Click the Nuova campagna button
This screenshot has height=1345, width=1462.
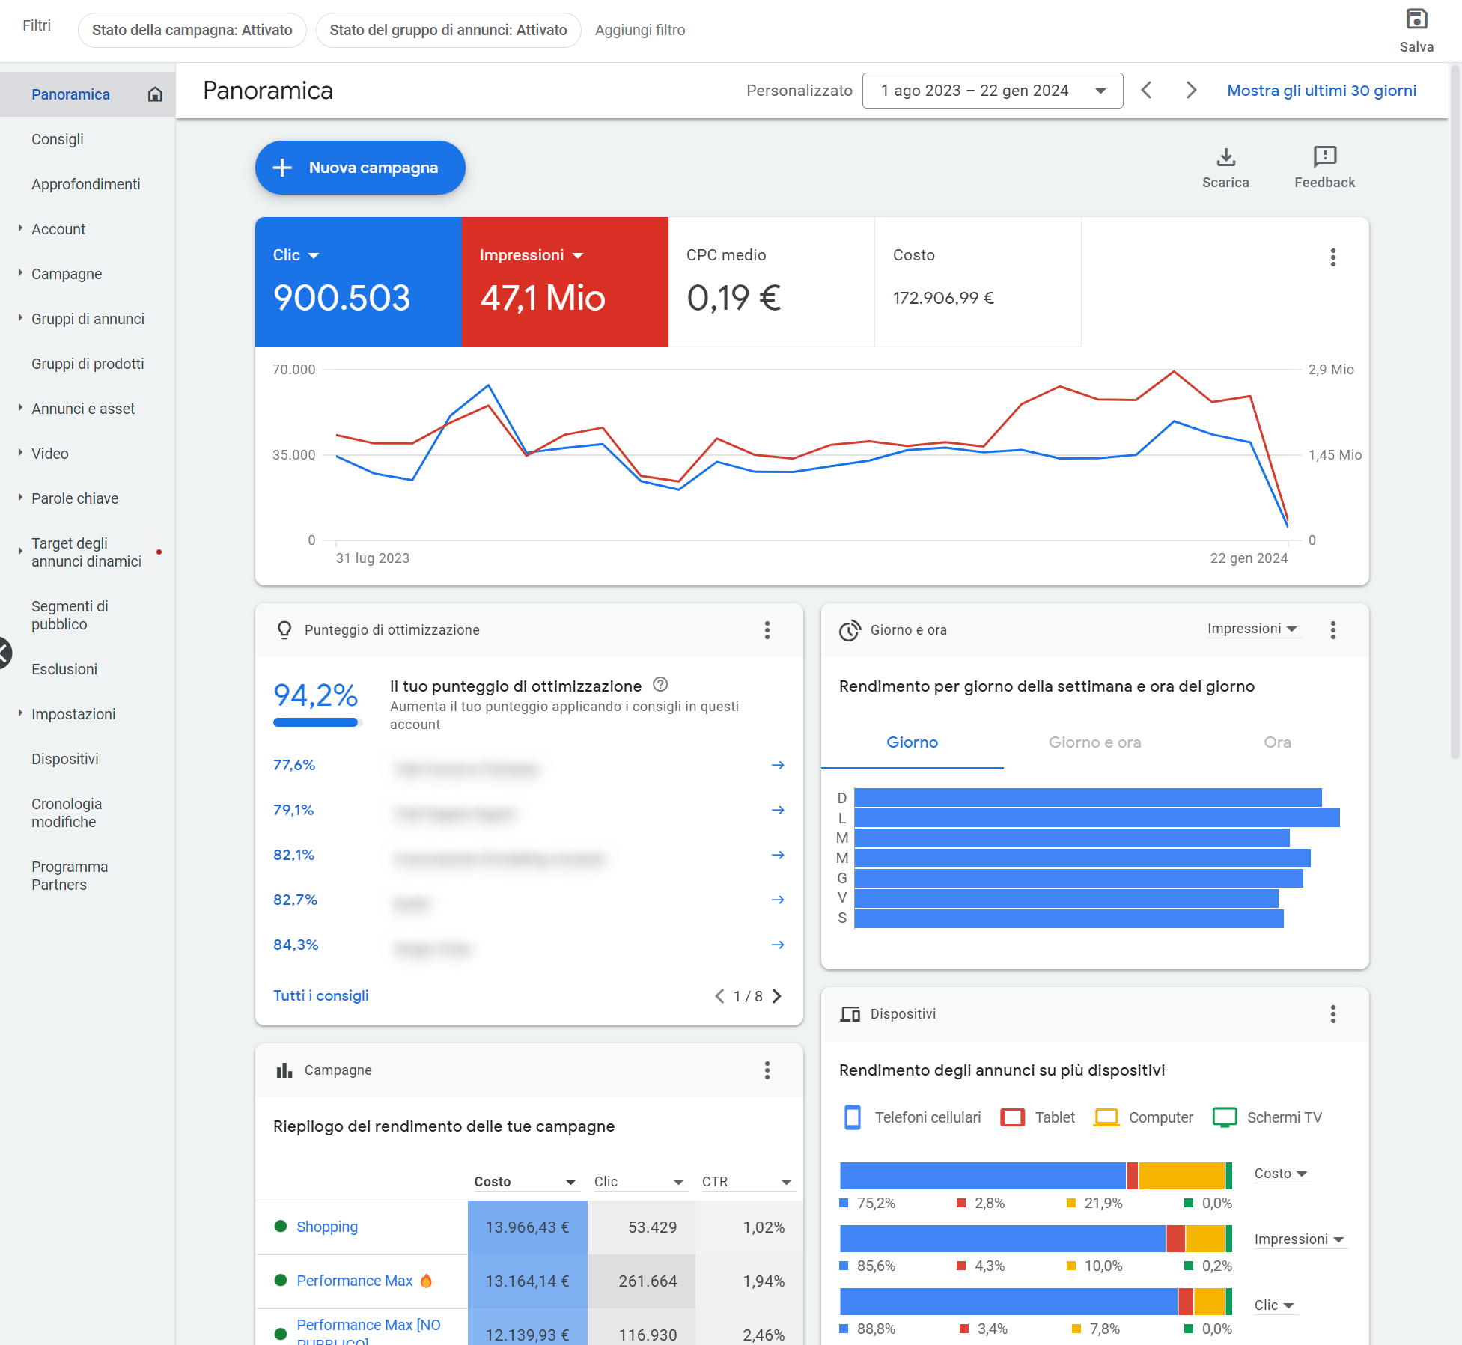click(x=360, y=168)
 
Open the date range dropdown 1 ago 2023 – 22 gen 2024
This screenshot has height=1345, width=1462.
click(x=992, y=91)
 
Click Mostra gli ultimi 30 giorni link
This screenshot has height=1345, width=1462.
click(x=1321, y=91)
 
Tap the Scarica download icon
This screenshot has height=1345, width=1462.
click(x=1225, y=157)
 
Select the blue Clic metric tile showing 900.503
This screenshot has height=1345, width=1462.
click(x=358, y=282)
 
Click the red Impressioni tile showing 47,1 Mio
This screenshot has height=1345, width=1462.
click(x=564, y=282)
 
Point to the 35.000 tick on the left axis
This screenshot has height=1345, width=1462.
click(x=294, y=454)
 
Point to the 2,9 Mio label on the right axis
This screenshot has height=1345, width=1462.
click(x=1330, y=369)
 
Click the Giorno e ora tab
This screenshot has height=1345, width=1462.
click(x=1094, y=742)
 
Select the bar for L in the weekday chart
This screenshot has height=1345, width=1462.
click(x=1096, y=817)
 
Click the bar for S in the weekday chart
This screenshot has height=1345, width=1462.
click(x=1068, y=918)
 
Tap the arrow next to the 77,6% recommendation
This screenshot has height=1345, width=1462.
click(x=778, y=765)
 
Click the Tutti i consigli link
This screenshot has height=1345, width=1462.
click(x=321, y=995)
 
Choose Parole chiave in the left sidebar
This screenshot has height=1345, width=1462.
click(x=75, y=498)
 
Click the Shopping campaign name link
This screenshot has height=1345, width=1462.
click(x=327, y=1227)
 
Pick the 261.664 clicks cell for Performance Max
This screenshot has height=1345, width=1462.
click(x=648, y=1281)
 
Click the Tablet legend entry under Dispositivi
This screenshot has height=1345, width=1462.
click(x=1039, y=1117)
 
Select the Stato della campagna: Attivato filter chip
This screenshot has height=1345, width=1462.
click(x=192, y=30)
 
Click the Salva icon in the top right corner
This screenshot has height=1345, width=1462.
click(x=1416, y=19)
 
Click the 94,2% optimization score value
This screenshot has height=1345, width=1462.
click(x=315, y=695)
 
